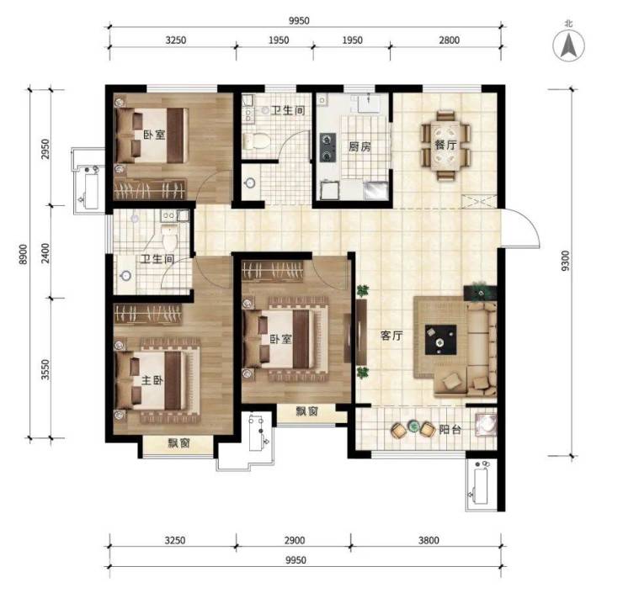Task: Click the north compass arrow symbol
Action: click(568, 45)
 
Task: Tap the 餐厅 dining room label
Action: click(445, 145)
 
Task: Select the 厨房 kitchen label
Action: click(359, 147)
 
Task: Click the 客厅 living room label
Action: click(391, 336)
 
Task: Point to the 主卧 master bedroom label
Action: click(152, 380)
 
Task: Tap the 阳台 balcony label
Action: click(450, 429)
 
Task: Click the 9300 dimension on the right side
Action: click(566, 261)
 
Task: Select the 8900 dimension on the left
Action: click(24, 254)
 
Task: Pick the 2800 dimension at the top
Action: click(449, 40)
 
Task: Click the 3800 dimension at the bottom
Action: click(429, 540)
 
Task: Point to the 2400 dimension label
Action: click(45, 253)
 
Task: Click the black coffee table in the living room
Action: click(440, 340)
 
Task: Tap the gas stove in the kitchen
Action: click(327, 147)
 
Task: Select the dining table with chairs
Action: click(446, 146)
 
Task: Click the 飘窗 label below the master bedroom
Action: click(178, 443)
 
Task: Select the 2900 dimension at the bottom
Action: click(295, 540)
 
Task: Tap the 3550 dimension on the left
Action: click(45, 369)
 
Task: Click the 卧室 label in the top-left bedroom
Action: click(154, 135)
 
